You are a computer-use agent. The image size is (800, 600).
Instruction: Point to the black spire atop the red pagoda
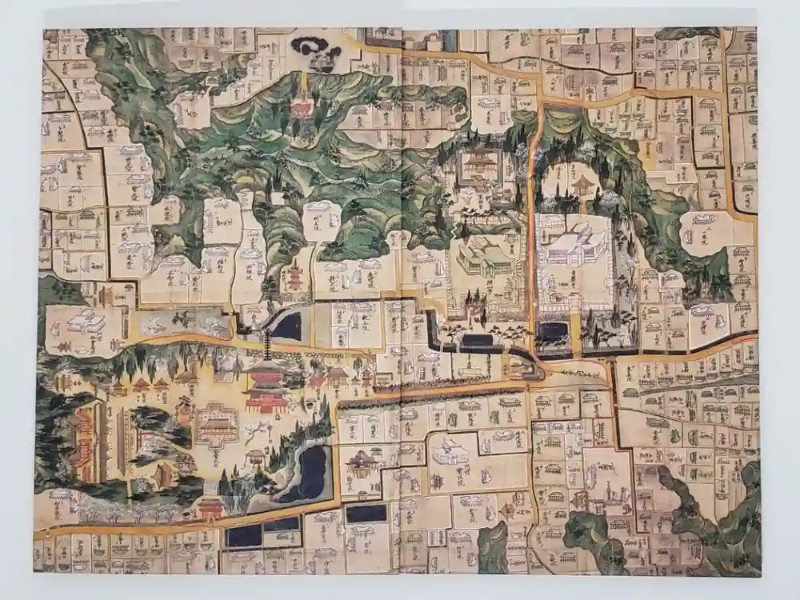[x=266, y=346]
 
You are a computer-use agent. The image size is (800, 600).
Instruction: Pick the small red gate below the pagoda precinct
[x=210, y=507]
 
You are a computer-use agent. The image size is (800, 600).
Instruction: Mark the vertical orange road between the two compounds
[x=531, y=224]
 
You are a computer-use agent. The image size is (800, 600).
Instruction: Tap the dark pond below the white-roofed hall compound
[x=553, y=330]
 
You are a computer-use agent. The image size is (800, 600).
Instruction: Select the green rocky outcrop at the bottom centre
[x=493, y=549]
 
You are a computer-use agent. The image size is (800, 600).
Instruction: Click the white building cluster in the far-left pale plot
[x=84, y=322]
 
